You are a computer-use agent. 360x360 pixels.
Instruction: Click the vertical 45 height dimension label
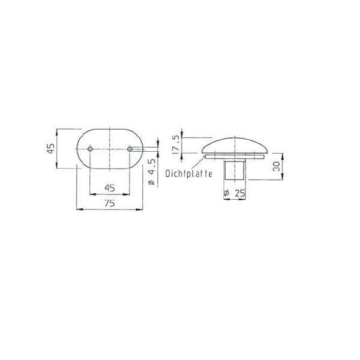coord(50,149)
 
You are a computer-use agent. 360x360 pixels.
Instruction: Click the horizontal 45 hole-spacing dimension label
coord(110,188)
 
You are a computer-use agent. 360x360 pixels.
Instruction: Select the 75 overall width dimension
coord(110,203)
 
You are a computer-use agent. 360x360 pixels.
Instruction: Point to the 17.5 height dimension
coord(176,145)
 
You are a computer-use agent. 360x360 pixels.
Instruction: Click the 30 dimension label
coord(277,166)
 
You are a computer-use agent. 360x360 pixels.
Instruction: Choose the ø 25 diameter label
coord(235,194)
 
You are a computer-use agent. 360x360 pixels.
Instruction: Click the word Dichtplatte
coord(189,174)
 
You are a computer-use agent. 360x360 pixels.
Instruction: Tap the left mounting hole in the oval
coord(90,149)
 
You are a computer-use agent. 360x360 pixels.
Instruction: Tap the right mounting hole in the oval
coord(130,149)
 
